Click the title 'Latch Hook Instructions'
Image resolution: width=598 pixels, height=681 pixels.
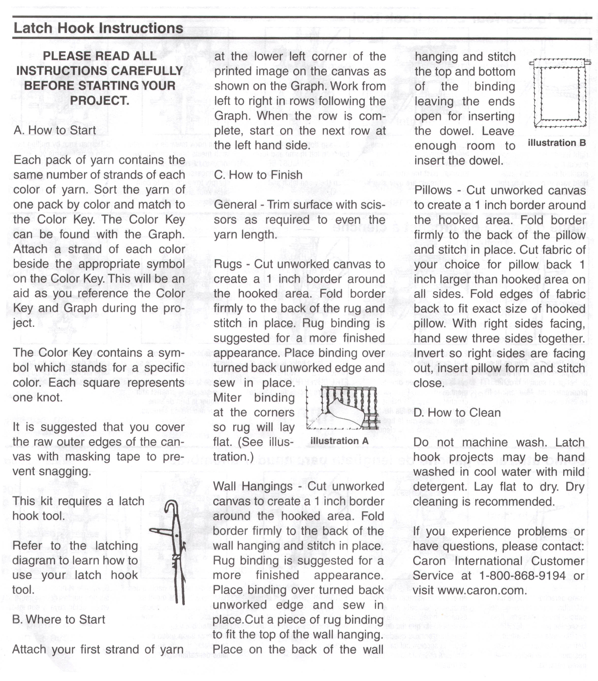[x=98, y=28]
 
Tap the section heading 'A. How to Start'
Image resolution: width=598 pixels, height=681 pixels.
[x=55, y=130]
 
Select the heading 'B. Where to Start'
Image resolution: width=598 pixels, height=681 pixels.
[x=59, y=619]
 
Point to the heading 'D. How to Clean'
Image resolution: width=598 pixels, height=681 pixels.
[x=457, y=413]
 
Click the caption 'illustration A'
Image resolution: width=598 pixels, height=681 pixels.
[x=339, y=441]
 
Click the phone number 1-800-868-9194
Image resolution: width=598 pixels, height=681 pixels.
[x=522, y=575]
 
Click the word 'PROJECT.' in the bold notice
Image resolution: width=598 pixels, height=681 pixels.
[x=100, y=101]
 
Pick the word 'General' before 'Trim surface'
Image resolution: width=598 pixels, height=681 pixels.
[x=235, y=204]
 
